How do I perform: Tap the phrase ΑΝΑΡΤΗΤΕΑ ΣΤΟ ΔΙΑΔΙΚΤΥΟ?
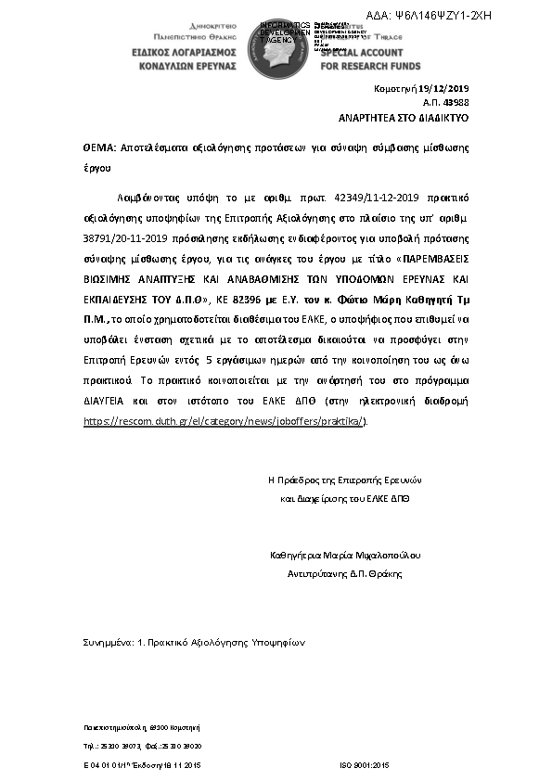pyautogui.click(x=404, y=120)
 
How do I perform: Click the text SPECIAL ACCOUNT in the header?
pyautogui.click(x=366, y=54)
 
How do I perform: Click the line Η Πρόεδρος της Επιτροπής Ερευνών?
pyautogui.click(x=344, y=480)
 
